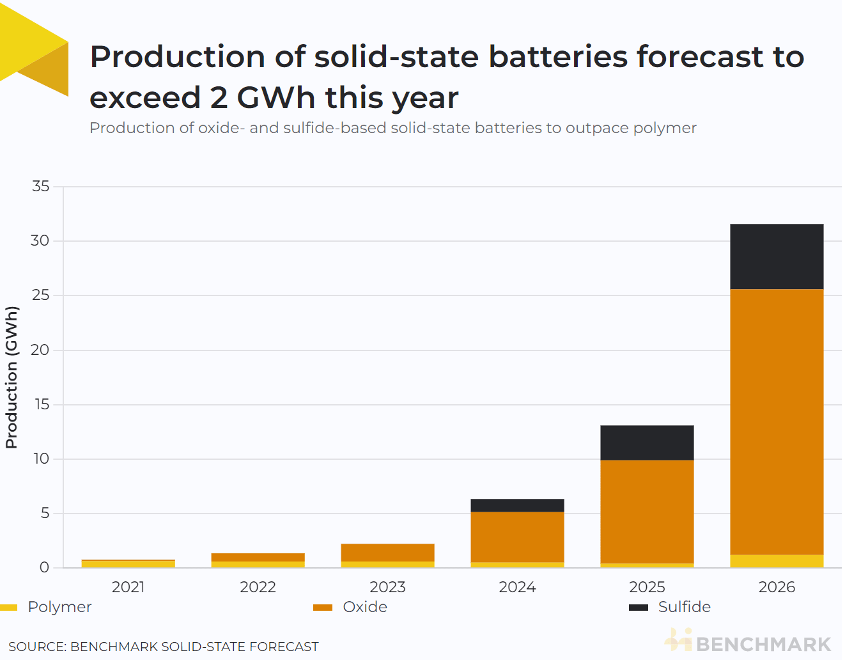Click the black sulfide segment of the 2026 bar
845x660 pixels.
pos(777,256)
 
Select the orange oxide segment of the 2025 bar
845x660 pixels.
pos(647,512)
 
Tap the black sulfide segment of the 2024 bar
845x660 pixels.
pos(517,505)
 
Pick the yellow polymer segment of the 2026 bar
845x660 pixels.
pos(777,561)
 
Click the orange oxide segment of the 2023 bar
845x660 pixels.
pos(387,553)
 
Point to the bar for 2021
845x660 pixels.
pos(128,563)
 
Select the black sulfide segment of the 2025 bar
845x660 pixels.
pos(647,443)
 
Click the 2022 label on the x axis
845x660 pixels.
pos(258,587)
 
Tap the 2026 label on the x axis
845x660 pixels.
pos(777,587)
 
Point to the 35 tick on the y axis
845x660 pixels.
pos(40,186)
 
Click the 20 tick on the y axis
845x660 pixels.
pos(40,350)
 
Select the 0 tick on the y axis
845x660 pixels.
pos(44,567)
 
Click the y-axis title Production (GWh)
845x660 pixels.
pos(12,377)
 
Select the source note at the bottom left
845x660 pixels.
pos(163,647)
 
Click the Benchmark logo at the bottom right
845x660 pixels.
pos(748,642)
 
